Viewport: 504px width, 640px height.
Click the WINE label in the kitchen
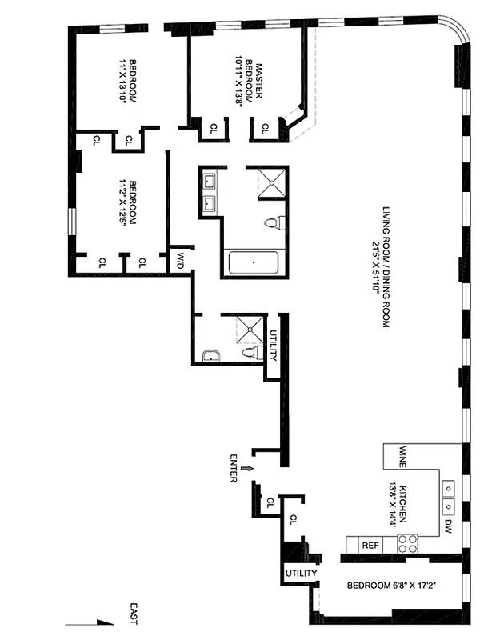pyautogui.click(x=402, y=457)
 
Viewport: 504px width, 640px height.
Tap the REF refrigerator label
pyautogui.click(x=370, y=546)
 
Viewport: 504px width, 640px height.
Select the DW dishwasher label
pyautogui.click(x=448, y=526)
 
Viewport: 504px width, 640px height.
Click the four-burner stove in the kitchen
pyautogui.click(x=408, y=544)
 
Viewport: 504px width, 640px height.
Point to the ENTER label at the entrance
pyautogui.click(x=234, y=468)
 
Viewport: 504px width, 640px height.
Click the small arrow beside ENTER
pyautogui.click(x=247, y=469)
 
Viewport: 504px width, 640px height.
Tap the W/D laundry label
pyautogui.click(x=180, y=261)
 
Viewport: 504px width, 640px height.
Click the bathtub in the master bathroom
pyautogui.click(x=254, y=262)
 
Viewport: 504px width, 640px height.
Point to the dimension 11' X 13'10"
pyautogui.click(x=122, y=81)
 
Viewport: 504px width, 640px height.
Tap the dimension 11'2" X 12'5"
pyautogui.click(x=122, y=202)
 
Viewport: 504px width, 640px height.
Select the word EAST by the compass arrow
pyautogui.click(x=134, y=614)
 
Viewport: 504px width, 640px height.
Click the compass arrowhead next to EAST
pyautogui.click(x=106, y=622)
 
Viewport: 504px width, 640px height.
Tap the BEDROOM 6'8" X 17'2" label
pyautogui.click(x=391, y=586)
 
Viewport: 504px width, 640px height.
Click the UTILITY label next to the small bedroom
pyautogui.click(x=301, y=573)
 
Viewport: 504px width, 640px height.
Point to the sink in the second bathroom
pyautogui.click(x=211, y=355)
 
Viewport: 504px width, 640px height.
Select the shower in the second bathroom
pyautogui.click(x=250, y=329)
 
